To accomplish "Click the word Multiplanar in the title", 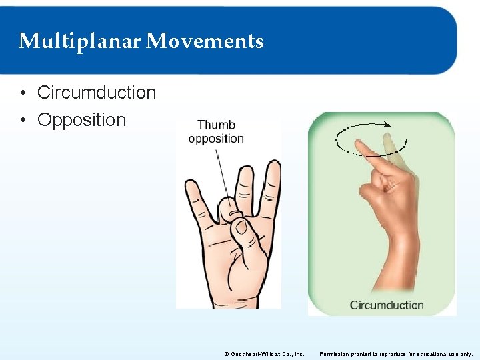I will (79, 41).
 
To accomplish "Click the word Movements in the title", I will (205, 41).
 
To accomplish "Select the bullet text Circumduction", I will (97, 93).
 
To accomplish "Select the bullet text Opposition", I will (81, 120).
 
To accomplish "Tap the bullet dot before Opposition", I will (23, 121).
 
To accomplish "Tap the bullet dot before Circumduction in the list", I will (23, 93).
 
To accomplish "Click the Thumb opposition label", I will (216, 132).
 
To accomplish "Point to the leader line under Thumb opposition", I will (220, 170).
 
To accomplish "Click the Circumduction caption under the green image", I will (386, 305).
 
